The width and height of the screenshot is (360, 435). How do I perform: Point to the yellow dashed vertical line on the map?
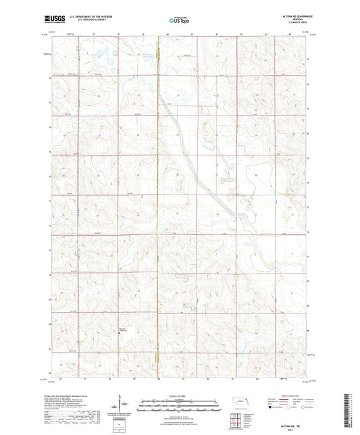[158, 203]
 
